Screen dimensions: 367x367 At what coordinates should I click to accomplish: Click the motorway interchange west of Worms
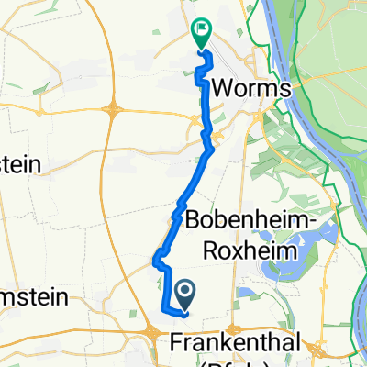tap(113, 111)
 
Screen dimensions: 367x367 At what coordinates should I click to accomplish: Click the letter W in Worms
tap(223, 90)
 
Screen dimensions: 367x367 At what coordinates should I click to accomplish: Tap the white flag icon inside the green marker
tap(200, 31)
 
